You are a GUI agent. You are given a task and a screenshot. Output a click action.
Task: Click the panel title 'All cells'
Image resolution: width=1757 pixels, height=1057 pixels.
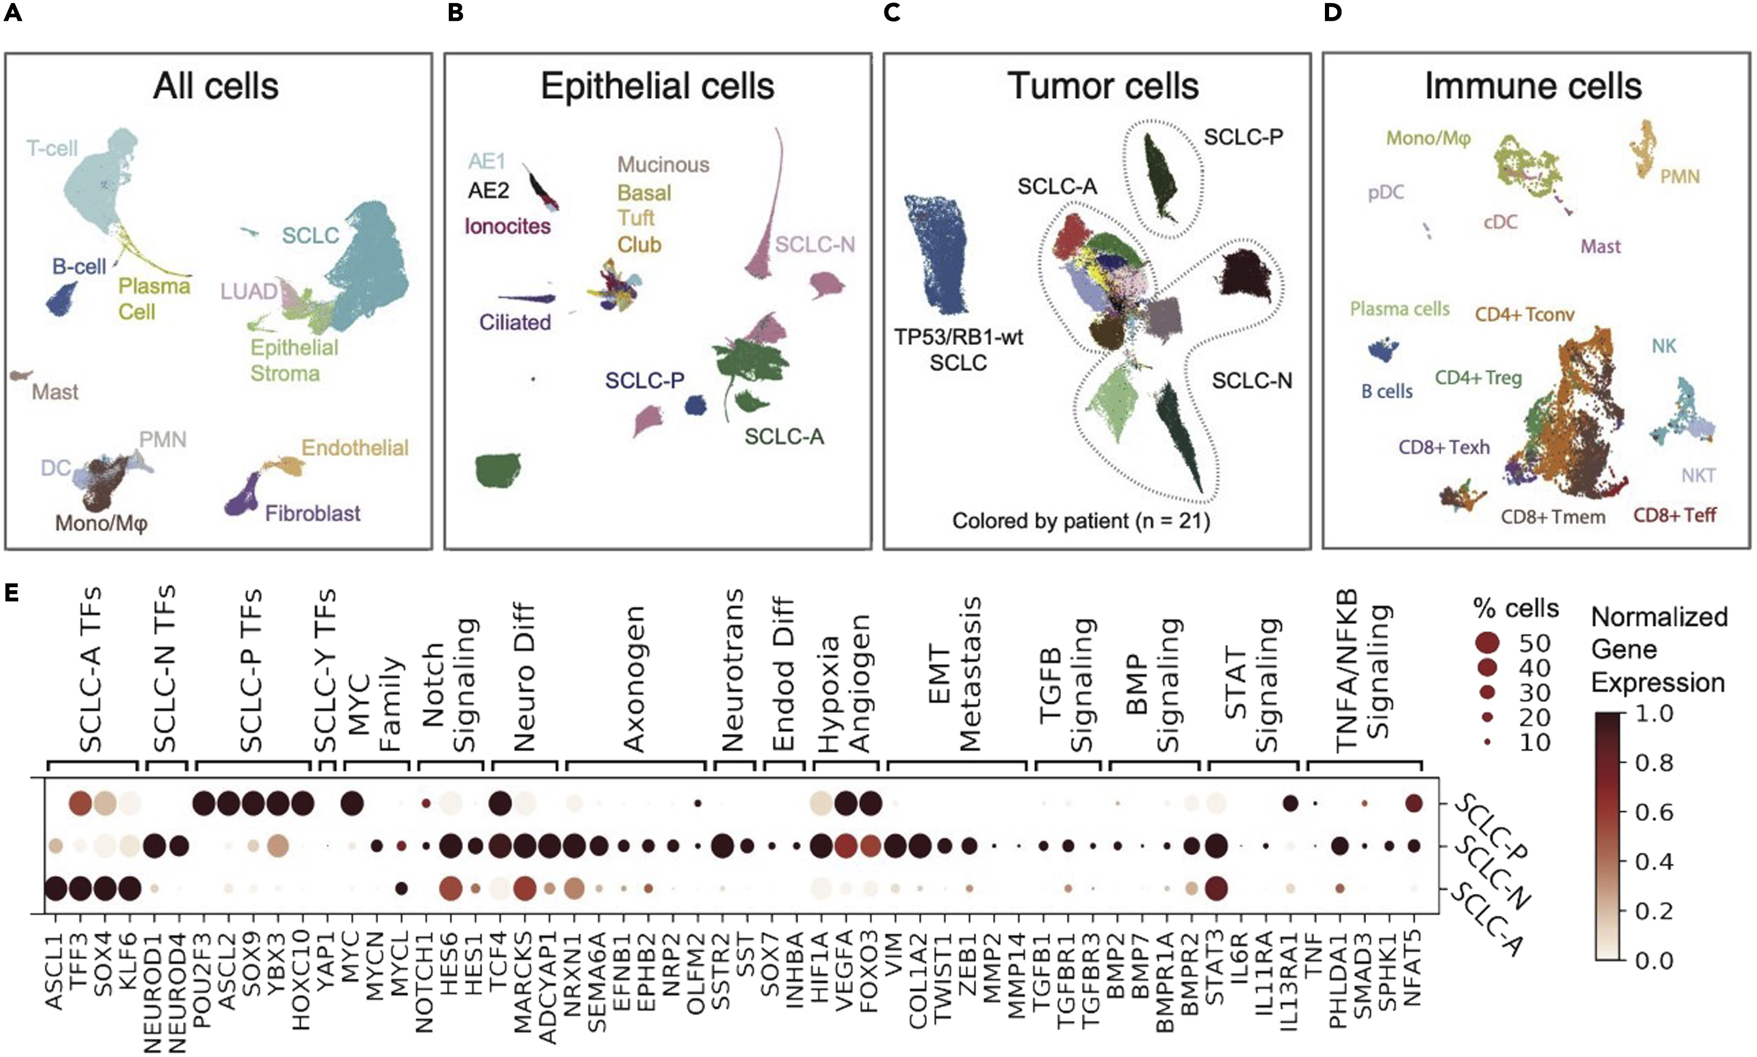(215, 86)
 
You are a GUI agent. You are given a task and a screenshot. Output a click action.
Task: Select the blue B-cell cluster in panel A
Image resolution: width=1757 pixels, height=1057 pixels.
(63, 299)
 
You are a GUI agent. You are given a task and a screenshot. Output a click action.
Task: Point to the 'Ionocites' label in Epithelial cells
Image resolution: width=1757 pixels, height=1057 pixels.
(507, 227)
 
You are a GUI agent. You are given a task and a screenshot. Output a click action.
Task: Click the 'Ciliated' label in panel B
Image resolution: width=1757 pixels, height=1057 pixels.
(514, 322)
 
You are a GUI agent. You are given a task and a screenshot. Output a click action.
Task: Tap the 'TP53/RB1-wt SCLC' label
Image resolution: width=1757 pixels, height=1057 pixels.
(959, 349)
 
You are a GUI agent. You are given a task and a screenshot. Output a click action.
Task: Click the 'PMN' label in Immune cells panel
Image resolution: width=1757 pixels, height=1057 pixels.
(1679, 176)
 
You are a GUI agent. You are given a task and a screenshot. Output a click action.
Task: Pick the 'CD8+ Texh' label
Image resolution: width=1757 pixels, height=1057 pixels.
(1444, 447)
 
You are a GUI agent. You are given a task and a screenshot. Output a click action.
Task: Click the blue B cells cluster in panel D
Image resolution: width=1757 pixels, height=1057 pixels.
(1383, 350)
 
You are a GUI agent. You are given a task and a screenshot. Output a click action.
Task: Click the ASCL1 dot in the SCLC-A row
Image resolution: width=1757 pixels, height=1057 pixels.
(56, 889)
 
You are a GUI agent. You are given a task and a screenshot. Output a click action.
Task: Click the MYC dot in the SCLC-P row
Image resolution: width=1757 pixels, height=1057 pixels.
(352, 805)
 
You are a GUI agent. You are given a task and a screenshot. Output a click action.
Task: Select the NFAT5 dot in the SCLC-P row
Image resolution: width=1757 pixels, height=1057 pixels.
(1414, 804)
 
